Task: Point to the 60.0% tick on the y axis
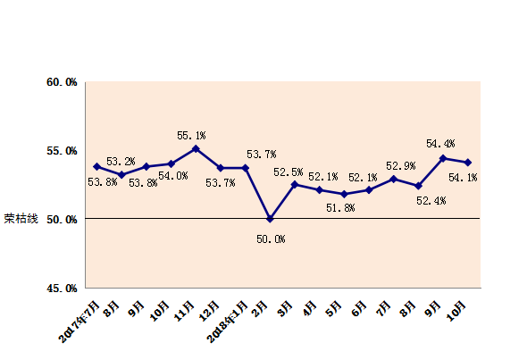(x=62, y=82)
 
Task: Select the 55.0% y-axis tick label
(x=62, y=151)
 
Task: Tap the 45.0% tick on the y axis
(x=62, y=288)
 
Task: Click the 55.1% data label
(x=191, y=136)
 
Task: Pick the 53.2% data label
(x=121, y=162)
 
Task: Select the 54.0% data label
(x=173, y=176)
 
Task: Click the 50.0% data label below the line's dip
(x=271, y=239)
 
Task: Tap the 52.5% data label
(x=289, y=172)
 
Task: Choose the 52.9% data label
(x=401, y=166)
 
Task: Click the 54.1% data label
(x=462, y=178)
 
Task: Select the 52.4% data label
(x=431, y=201)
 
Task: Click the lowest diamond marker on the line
(x=271, y=219)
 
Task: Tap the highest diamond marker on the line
(x=196, y=148)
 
